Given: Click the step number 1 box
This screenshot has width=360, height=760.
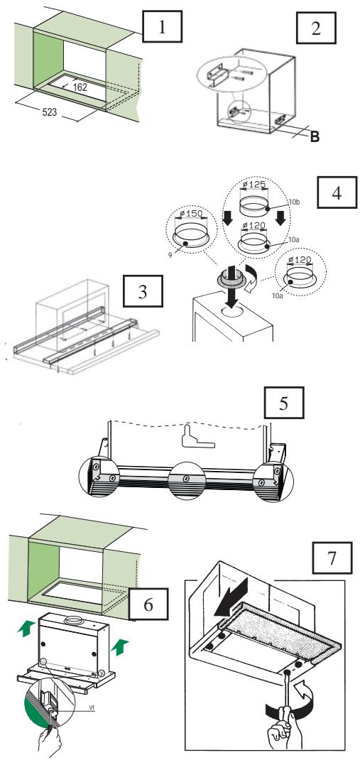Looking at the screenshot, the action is pyautogui.click(x=162, y=27).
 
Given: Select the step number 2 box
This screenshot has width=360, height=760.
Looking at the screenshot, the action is pyautogui.click(x=315, y=28).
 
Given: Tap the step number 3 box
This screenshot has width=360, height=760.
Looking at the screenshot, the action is pyautogui.click(x=143, y=291).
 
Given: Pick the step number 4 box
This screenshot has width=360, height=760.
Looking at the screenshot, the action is pyautogui.click(x=337, y=192).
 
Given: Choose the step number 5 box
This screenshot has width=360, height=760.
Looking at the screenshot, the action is pyautogui.click(x=284, y=403).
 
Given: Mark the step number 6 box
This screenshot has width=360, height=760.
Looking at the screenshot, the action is pyautogui.click(x=148, y=604).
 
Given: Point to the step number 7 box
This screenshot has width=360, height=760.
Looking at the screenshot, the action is pyautogui.click(x=332, y=558).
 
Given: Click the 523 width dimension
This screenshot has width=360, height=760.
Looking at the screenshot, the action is pyautogui.click(x=50, y=112).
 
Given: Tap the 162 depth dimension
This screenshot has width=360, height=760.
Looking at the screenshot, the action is pyautogui.click(x=80, y=87).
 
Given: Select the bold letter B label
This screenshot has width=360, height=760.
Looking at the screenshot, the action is pyautogui.click(x=315, y=137).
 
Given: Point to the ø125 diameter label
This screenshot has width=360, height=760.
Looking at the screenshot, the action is pyautogui.click(x=254, y=185).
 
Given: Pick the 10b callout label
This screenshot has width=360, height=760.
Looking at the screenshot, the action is pyautogui.click(x=295, y=202).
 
